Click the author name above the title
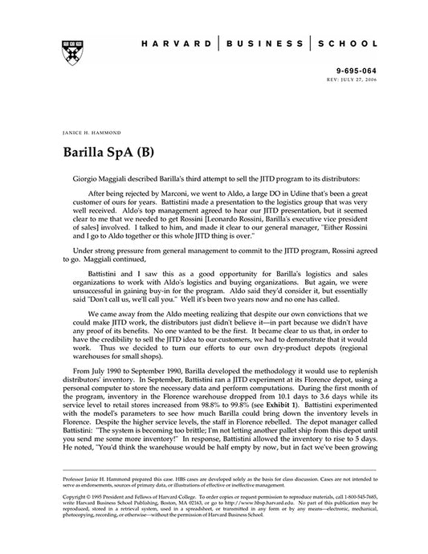90,128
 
